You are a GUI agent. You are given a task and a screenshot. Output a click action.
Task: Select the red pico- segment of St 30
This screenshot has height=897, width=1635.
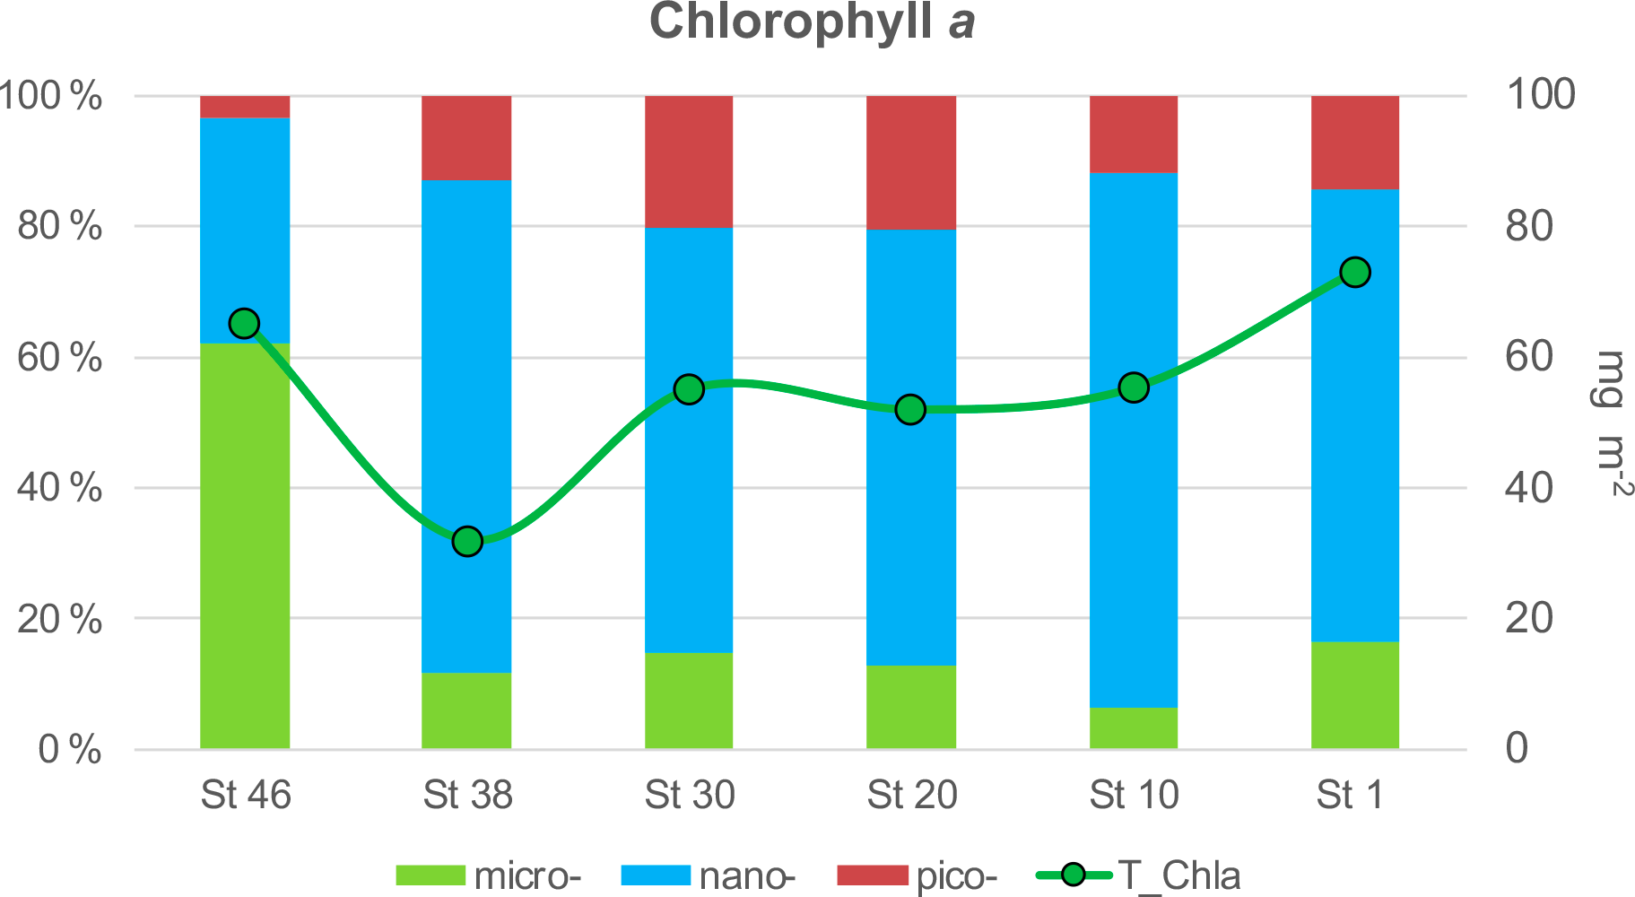pos(689,161)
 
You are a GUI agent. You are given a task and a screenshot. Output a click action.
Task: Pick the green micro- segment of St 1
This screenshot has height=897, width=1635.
pos(1355,695)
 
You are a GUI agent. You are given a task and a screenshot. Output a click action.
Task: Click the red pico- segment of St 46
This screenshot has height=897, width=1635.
pos(245,107)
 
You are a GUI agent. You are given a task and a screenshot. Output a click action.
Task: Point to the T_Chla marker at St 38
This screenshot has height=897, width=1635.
pos(467,542)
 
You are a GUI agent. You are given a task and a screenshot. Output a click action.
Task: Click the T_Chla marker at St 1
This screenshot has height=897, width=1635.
pos(1355,272)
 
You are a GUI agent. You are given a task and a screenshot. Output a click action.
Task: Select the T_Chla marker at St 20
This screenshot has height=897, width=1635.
pos(911,410)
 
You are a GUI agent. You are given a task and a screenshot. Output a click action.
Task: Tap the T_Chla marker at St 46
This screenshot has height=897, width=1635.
pos(245,324)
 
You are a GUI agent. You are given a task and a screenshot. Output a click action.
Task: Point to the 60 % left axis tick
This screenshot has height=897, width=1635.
pos(59,358)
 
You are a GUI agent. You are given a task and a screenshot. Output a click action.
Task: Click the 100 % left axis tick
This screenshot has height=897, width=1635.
pos(51,96)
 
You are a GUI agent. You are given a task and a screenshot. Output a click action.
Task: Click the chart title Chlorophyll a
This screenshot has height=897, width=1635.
pos(813,22)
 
